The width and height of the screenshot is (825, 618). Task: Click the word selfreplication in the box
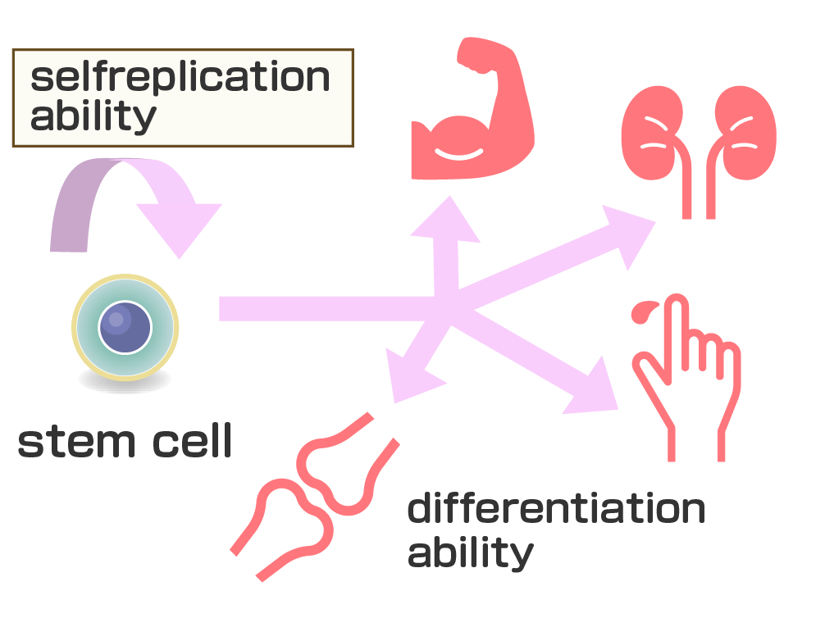[x=180, y=79]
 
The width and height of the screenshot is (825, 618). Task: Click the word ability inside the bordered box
[x=92, y=116]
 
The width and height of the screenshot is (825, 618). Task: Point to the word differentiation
[x=555, y=510]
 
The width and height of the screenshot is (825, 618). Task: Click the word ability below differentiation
[x=470, y=553]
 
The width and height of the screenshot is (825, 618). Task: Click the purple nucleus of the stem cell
[x=125, y=326]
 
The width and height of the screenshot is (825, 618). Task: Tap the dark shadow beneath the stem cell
[x=125, y=380]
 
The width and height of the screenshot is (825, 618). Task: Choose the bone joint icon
[x=316, y=500]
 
